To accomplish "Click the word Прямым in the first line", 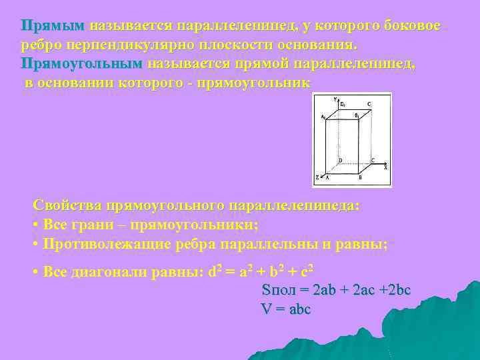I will point(53,25).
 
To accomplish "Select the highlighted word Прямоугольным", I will point(81,63).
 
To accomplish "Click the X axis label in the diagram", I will point(385,167).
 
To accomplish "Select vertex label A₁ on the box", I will point(323,117).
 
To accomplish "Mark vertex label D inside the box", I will point(340,160).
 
